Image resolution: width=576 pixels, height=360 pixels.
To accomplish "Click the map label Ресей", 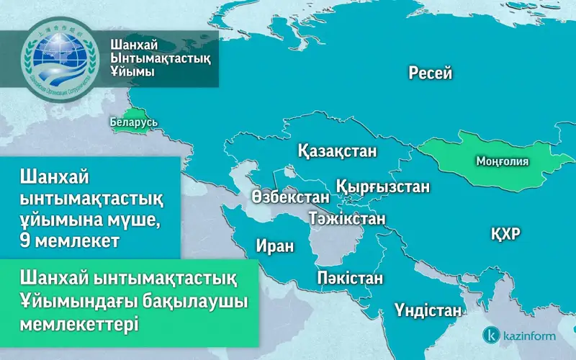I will pos(430,73).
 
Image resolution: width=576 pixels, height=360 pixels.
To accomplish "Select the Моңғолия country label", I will pos(503,162).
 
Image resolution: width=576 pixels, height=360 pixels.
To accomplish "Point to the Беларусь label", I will pos(134,123).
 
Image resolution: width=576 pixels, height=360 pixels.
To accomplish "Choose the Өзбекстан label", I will pos(291,197).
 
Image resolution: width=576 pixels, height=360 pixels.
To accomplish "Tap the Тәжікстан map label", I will pos(346,217).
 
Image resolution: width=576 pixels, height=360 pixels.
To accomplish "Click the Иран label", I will pos(275,246).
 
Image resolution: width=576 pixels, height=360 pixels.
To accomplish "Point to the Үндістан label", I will pos(428,311).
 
